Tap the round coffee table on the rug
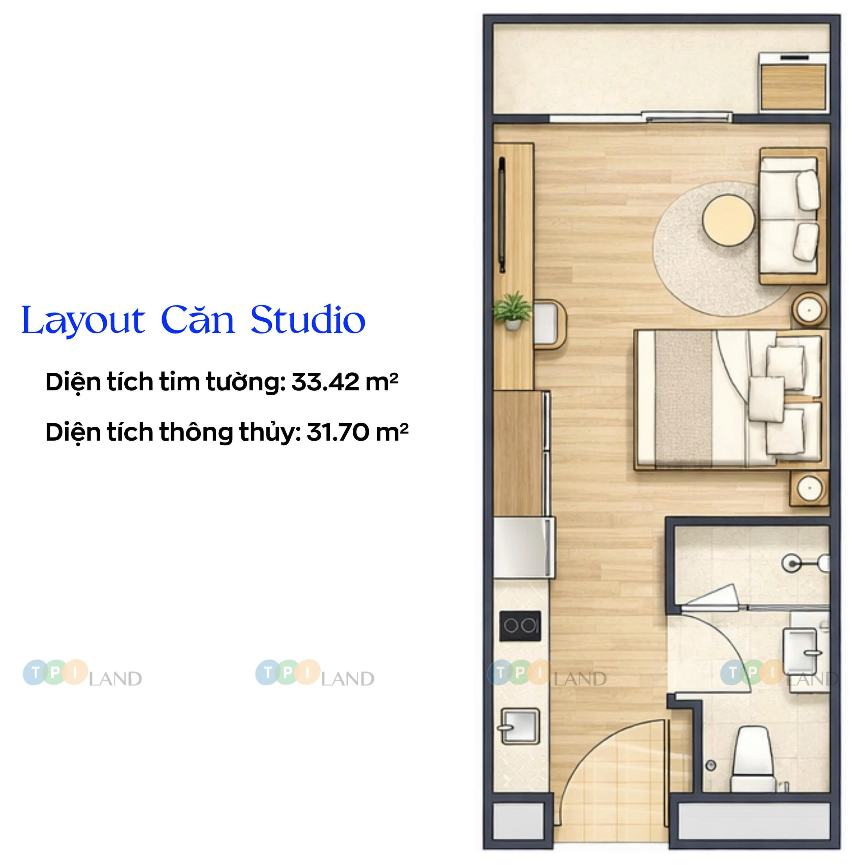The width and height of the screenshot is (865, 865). pyautogui.click(x=728, y=220)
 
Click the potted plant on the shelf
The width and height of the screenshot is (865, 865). pyautogui.click(x=513, y=310)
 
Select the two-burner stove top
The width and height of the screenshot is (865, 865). pyautogui.click(x=520, y=626)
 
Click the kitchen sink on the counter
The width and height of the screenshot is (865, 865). pyautogui.click(x=520, y=726)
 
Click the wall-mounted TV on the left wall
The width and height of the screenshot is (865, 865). pyautogui.click(x=502, y=215)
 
